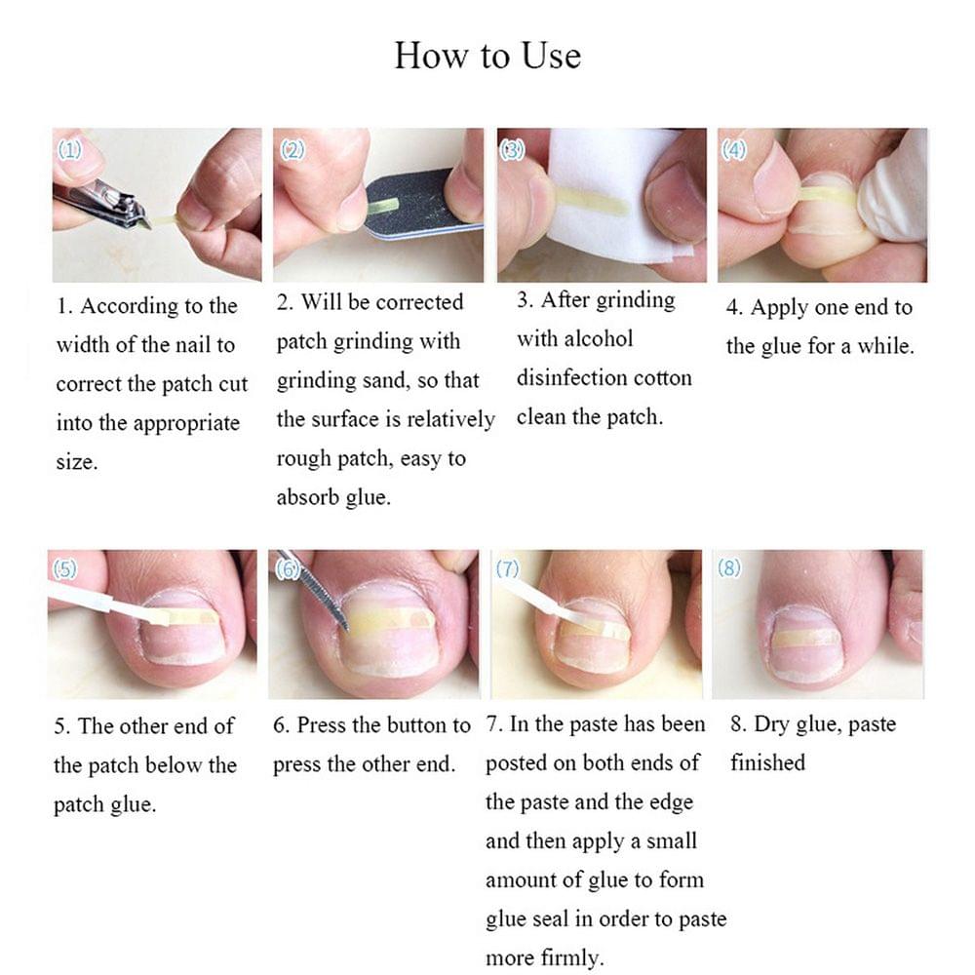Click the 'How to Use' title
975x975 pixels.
487,55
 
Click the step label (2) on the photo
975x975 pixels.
292,149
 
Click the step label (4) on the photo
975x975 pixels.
734,149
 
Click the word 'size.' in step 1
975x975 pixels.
77,462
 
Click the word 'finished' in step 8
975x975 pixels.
767,762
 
